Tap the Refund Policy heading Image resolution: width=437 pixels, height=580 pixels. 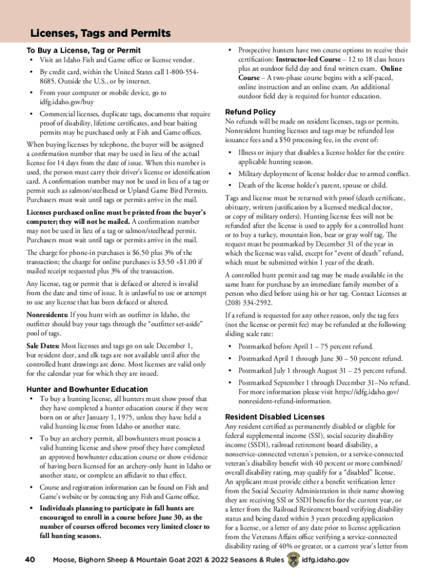pyautogui.click(x=250, y=112)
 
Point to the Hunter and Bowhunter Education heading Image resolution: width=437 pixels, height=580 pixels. pyautogui.click(x=87, y=389)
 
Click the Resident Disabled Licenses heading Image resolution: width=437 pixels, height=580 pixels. pyautogui.click(x=275, y=416)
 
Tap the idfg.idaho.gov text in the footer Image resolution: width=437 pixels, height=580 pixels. pyautogui.click(x=326, y=560)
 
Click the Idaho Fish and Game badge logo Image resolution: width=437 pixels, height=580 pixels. pyautogui.click(x=293, y=560)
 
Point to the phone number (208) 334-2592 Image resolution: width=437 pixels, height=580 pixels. pyautogui.click(x=250, y=302)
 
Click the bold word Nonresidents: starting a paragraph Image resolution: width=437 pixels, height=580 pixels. pyautogui.click(x=48, y=314)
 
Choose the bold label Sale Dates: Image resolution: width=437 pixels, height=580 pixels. pyautogui.click(x=43, y=346)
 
